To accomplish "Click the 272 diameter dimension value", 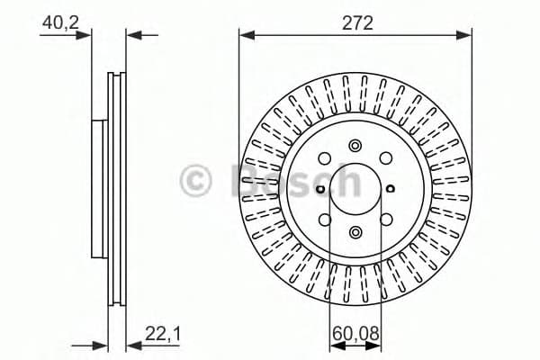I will click(x=356, y=23).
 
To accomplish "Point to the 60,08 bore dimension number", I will click(x=355, y=334).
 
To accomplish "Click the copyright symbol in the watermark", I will click(x=197, y=180).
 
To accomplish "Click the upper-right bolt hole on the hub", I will click(x=386, y=158).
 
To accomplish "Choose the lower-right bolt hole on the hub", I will click(x=386, y=219).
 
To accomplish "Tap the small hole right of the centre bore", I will click(x=391, y=188).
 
